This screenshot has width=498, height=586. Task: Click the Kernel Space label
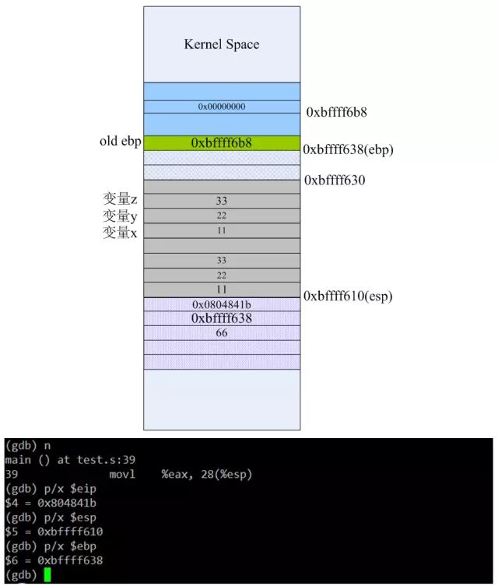coord(221,44)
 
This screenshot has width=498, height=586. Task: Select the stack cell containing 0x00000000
coord(221,106)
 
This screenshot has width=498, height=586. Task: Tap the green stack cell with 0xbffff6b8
coord(221,143)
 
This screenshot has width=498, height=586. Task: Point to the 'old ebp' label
coord(119,141)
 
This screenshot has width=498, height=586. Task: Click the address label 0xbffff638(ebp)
coord(349,149)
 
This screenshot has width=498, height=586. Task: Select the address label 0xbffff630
coord(335,181)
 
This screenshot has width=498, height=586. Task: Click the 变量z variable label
coord(121,199)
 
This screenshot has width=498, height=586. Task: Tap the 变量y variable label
coord(121,216)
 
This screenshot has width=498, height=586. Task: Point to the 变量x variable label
coord(121,232)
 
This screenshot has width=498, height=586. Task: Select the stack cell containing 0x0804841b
coord(221,304)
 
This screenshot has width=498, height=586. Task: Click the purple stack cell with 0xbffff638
coord(221,318)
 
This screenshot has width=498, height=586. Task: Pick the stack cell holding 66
coord(221,333)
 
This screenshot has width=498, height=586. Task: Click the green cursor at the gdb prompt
coord(47,574)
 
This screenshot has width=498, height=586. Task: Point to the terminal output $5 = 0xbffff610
coord(54,532)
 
